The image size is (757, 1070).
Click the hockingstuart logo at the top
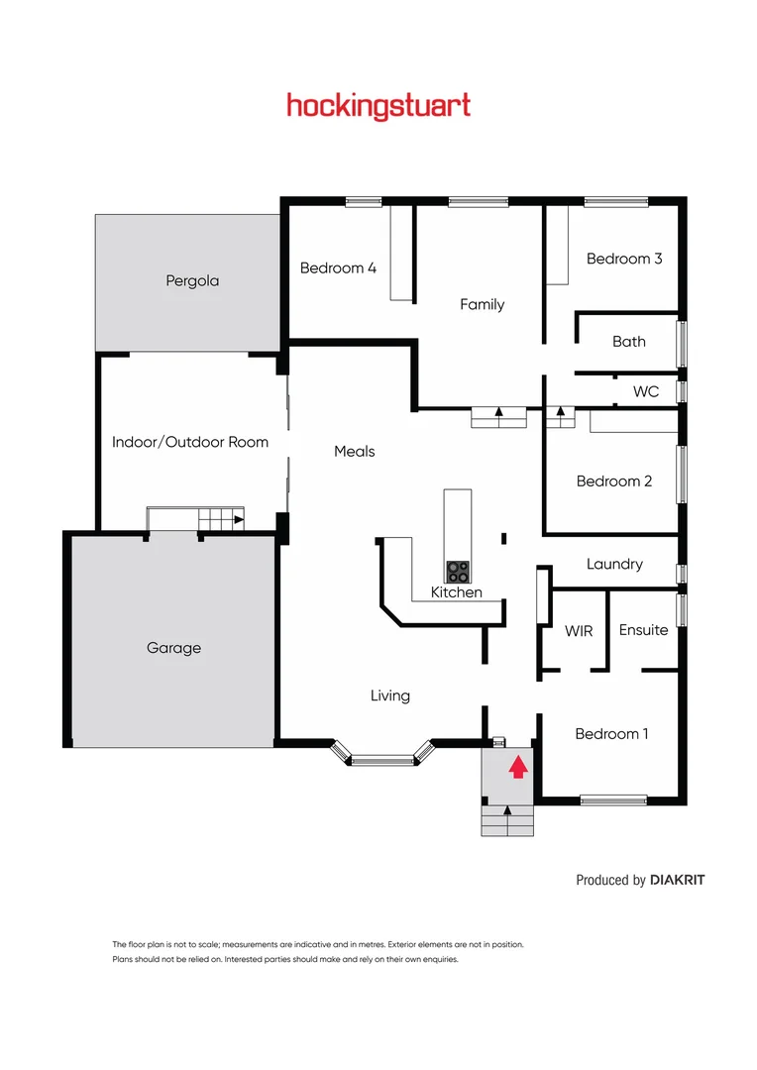(378, 105)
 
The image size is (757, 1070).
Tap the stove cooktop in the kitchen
(458, 571)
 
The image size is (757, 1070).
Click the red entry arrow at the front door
(517, 767)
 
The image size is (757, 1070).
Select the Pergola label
(192, 280)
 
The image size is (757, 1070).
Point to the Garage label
(173, 648)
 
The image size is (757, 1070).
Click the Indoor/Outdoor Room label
(190, 442)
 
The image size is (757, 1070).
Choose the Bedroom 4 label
(338, 267)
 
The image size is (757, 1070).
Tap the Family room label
(483, 304)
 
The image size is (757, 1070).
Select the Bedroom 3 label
(624, 259)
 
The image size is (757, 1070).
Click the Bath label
(628, 342)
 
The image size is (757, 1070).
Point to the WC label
(646, 391)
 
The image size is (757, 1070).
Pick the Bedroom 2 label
(614, 481)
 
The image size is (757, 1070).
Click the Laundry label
(614, 564)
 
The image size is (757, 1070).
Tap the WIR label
(579, 630)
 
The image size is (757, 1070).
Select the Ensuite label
(643, 630)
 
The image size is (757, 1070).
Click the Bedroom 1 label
(612, 734)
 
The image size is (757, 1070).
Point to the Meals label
(355, 451)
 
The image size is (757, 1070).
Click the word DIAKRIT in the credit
(678, 880)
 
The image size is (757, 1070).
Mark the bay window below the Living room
(382, 759)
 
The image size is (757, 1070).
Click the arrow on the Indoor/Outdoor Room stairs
(238, 518)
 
